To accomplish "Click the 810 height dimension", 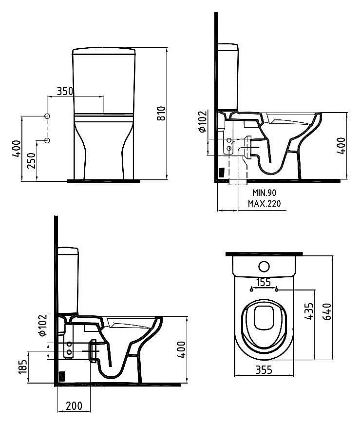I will [162, 113].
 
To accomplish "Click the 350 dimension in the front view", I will [65, 91].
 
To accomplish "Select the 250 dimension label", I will [31, 159].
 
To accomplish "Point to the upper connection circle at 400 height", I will [47, 116].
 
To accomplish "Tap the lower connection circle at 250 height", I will [47, 141].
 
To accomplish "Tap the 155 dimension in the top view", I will [264, 282].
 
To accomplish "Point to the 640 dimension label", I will [326, 310].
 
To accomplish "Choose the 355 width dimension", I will [264, 370].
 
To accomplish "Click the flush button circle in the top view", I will [264, 266].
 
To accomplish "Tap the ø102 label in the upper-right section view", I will [203, 122].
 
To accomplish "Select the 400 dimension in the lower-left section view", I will [181, 348].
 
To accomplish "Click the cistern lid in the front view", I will [103, 50].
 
